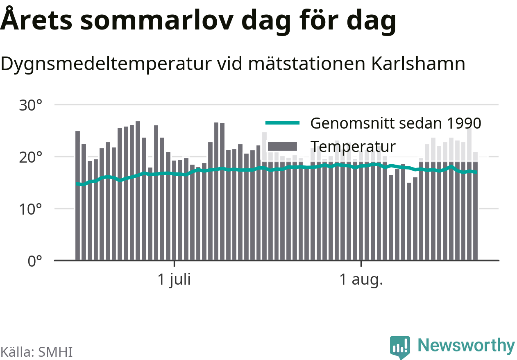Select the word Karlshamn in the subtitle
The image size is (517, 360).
point(418,64)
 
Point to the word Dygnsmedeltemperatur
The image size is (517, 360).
point(106,64)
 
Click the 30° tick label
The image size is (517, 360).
point(30,105)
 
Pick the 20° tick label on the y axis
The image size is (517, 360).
point(30,157)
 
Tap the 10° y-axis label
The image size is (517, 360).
point(30,209)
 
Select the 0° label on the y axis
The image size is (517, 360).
point(35,261)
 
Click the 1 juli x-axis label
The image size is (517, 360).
point(174,280)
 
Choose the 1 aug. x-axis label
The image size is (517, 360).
point(361,280)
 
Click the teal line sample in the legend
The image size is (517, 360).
point(283,123)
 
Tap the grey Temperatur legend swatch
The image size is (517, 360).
point(282,146)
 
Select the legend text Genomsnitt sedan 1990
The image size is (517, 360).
point(396,123)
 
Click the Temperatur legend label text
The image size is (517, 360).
point(353,147)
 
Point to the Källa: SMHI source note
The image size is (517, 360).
point(36,352)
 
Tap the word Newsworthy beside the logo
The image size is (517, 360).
point(466,345)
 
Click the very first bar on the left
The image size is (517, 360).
point(78,196)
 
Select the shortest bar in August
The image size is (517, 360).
point(409,222)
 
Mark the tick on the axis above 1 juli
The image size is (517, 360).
point(174,263)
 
